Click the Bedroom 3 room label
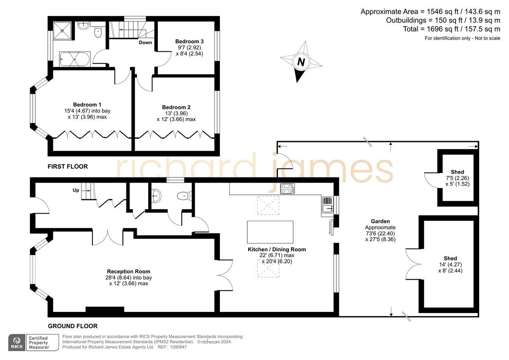point(189,41)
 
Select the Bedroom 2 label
point(176,107)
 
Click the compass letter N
point(301,62)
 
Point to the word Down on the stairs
point(145,43)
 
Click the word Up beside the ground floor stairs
point(76,191)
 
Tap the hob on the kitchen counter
point(288,189)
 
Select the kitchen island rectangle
point(270,232)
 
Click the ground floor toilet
point(184,195)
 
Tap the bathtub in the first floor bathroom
point(75,60)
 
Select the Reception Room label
point(128,272)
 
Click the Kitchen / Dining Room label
point(277,249)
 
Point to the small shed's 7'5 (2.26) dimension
point(457,178)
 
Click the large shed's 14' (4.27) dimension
point(450,265)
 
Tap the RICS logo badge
point(17,342)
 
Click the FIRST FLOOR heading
point(68,166)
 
